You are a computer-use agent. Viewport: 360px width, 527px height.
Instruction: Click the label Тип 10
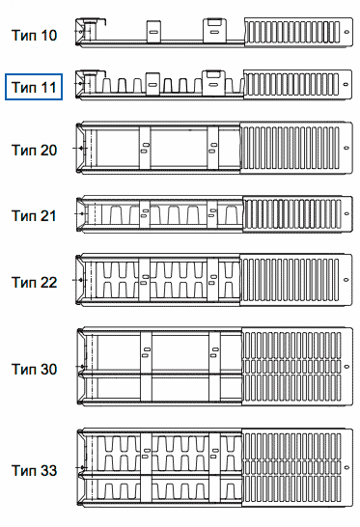pyautogui.click(x=34, y=36)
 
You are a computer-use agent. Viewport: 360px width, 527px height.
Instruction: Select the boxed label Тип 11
pyautogui.click(x=34, y=87)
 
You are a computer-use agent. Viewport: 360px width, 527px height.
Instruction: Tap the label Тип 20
pyautogui.click(x=34, y=150)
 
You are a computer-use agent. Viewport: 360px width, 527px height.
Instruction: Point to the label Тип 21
pyautogui.click(x=34, y=215)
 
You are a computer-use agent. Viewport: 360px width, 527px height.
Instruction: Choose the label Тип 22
pyautogui.click(x=34, y=282)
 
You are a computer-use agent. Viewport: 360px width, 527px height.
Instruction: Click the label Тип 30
pyautogui.click(x=34, y=369)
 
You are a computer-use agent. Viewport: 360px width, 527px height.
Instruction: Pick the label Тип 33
pyautogui.click(x=34, y=471)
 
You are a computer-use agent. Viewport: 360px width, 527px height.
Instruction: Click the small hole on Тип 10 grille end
pyautogui.click(x=346, y=32)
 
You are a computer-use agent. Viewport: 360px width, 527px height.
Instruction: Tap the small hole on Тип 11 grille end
pyautogui.click(x=346, y=84)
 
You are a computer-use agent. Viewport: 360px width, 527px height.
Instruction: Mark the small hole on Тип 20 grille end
pyautogui.click(x=346, y=148)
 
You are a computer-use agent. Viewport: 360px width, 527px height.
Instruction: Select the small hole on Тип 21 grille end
pyautogui.click(x=346, y=213)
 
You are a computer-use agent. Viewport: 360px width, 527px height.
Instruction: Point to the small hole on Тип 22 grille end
pyautogui.click(x=346, y=279)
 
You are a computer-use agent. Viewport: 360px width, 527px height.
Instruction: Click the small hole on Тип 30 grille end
pyautogui.click(x=347, y=367)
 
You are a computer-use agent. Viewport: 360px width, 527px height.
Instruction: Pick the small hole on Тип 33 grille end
pyautogui.click(x=346, y=467)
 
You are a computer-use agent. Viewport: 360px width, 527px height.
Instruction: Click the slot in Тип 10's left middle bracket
pyautogui.click(x=153, y=32)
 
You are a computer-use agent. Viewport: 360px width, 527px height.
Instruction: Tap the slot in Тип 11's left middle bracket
pyautogui.click(x=152, y=84)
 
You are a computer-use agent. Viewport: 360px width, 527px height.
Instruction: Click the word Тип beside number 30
pyautogui.click(x=24, y=369)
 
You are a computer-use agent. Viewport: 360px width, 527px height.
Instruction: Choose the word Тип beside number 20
pyautogui.click(x=24, y=150)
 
